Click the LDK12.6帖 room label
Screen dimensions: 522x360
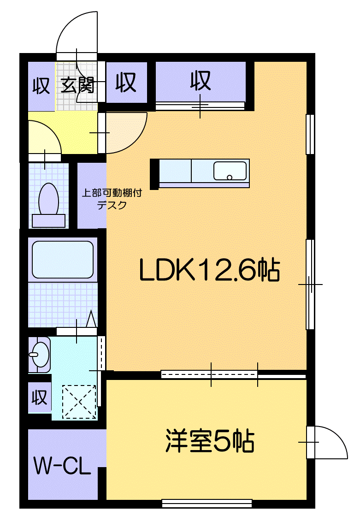click(209, 271)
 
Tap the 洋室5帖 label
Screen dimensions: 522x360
click(210, 441)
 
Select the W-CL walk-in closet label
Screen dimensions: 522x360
click(62, 466)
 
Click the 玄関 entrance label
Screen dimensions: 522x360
click(77, 85)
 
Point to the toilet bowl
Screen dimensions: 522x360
click(48, 199)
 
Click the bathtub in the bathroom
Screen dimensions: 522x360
click(63, 260)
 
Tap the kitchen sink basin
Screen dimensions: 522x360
click(230, 171)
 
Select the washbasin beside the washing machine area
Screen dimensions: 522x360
click(39, 354)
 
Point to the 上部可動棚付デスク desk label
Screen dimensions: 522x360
click(112, 199)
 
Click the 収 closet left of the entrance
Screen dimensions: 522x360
click(41, 86)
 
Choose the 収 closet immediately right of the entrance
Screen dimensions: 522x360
click(126, 83)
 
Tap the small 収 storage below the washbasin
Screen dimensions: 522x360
click(40, 397)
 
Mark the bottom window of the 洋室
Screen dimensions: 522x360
click(207, 503)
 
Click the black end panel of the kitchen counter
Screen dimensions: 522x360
click(154, 173)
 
